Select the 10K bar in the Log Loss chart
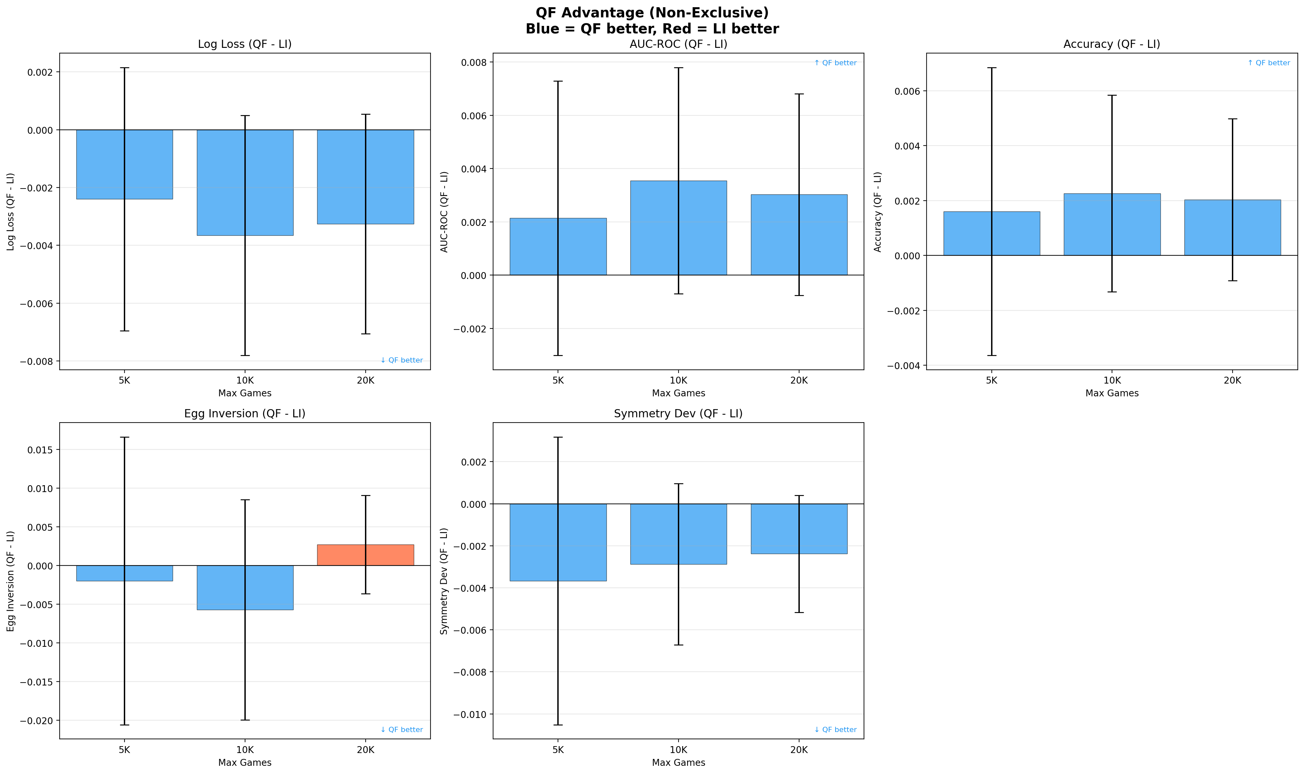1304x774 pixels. click(x=245, y=183)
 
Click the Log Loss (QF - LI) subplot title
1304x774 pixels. click(x=244, y=44)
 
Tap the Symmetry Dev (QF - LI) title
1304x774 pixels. click(x=678, y=414)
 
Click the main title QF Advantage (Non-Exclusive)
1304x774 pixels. click(x=652, y=12)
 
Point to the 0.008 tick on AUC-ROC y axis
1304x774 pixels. click(x=474, y=63)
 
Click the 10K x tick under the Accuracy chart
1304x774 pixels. click(x=1112, y=381)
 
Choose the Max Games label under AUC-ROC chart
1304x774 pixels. click(x=678, y=393)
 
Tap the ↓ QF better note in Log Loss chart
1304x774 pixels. click(x=401, y=360)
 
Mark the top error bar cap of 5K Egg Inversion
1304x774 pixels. click(x=125, y=437)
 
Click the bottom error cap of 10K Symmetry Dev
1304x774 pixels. click(x=678, y=645)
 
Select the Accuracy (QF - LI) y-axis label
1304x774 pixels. click(x=878, y=212)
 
